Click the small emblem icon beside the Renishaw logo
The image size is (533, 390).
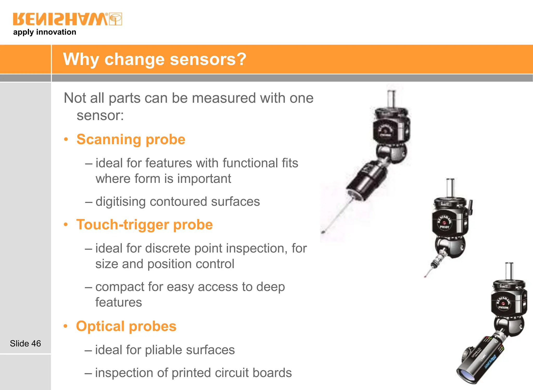coord(116,19)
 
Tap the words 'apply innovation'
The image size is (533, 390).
coord(45,32)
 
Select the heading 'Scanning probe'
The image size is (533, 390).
coord(131,139)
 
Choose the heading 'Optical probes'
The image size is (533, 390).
coord(126,326)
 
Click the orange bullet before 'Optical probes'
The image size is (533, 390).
coord(66,326)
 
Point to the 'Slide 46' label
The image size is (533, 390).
coord(26,343)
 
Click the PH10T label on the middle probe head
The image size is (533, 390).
coord(445,227)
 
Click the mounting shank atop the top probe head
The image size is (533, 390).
coord(391,98)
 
